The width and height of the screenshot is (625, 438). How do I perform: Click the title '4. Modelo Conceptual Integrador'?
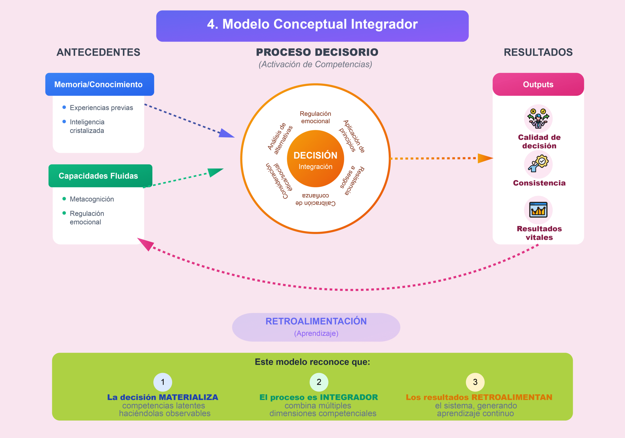click(312, 24)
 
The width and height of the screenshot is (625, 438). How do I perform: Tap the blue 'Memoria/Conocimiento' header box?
click(100, 84)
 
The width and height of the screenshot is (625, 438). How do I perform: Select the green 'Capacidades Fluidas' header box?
click(100, 176)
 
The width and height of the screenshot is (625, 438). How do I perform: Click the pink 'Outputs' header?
click(538, 84)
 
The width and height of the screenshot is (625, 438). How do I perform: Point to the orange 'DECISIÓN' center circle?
click(315, 159)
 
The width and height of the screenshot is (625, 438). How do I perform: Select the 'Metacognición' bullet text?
click(92, 199)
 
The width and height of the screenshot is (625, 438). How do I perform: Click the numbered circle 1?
click(163, 382)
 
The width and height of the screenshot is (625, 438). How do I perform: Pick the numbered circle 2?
click(319, 382)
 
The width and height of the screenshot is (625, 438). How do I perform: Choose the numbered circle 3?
click(475, 382)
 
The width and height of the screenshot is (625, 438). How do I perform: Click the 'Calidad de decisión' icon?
click(538, 118)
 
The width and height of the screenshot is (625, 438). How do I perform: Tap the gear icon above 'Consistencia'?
click(538, 164)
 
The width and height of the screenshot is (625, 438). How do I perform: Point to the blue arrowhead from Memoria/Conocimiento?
click(226, 133)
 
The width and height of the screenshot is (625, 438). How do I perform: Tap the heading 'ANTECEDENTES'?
click(98, 52)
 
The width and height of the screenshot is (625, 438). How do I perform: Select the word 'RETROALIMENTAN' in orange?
click(512, 397)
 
